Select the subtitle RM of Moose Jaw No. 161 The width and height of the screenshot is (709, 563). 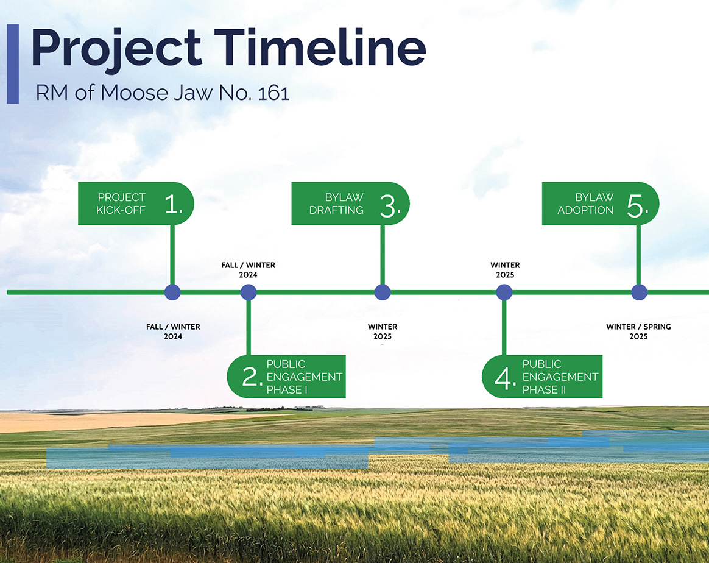tap(162, 93)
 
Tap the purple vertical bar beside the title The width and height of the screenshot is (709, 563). tap(12, 63)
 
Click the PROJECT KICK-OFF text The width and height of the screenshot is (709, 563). tap(121, 204)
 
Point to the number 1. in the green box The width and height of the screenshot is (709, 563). tap(173, 205)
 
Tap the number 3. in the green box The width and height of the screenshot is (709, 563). tap(390, 205)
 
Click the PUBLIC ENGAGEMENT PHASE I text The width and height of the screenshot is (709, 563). tap(304, 377)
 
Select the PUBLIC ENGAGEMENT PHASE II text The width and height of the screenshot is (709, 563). tap(560, 377)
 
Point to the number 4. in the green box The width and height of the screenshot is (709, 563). tap(506, 378)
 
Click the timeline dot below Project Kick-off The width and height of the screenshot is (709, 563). tap(173, 292)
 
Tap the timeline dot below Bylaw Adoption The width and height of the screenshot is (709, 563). tap(639, 292)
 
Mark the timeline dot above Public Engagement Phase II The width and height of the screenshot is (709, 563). tap(504, 292)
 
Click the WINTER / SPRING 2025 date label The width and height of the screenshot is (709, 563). tap(638, 331)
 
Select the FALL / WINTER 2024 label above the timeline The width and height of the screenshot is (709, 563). tap(248, 270)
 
